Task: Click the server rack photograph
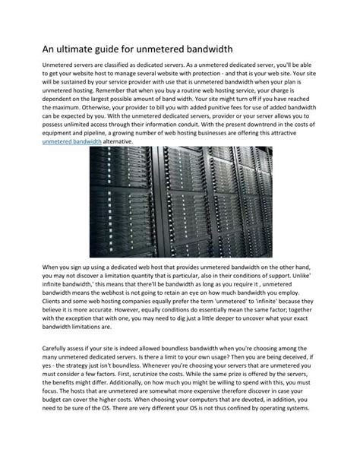[x=180, y=203]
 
